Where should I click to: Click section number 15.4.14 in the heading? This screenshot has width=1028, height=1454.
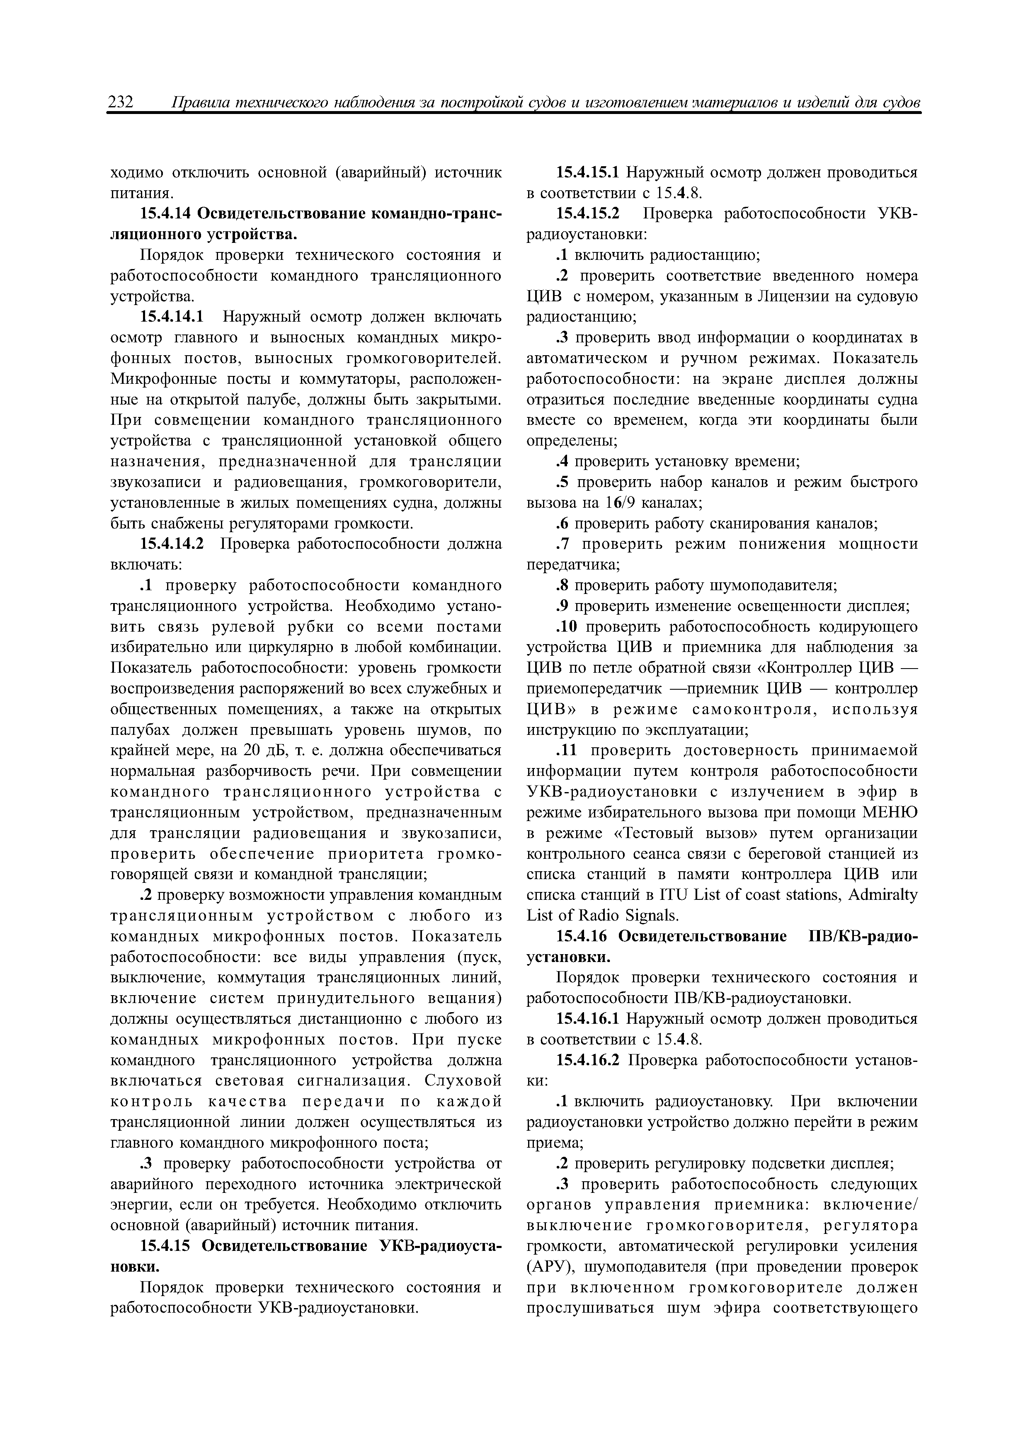[x=165, y=214]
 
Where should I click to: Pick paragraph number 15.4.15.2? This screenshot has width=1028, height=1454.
[x=588, y=214]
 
